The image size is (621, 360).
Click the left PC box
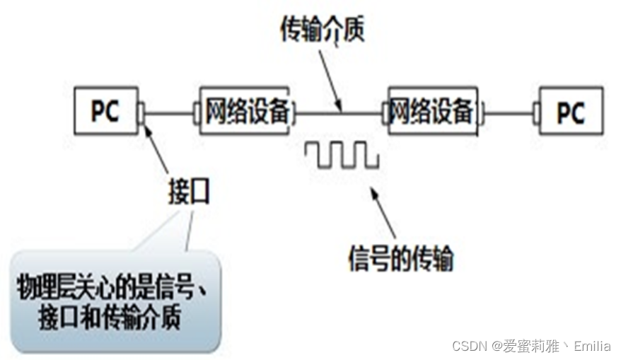point(105,111)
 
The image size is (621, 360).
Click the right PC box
point(570,111)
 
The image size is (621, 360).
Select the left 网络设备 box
point(245,111)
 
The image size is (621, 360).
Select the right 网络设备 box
point(432,111)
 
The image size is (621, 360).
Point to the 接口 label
point(190,191)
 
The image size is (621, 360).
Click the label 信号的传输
point(400,257)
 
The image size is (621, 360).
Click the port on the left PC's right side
point(141,112)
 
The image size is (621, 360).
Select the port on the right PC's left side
point(536,112)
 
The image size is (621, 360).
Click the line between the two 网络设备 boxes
point(339,112)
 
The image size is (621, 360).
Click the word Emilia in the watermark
point(593,346)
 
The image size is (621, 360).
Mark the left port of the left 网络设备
point(197,112)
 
